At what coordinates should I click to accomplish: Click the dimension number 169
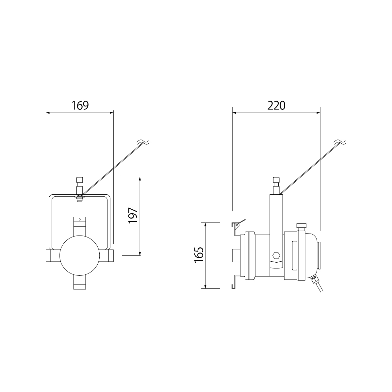click(80, 106)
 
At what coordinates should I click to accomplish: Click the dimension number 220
click(276, 106)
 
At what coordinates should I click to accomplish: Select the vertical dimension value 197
click(133, 216)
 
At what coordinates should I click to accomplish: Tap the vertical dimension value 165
click(199, 255)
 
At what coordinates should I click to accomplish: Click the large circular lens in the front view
click(79, 255)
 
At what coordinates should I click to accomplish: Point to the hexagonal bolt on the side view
click(276, 255)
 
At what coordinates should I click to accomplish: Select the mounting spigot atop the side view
click(276, 186)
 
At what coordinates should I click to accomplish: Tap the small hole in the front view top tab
click(79, 219)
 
